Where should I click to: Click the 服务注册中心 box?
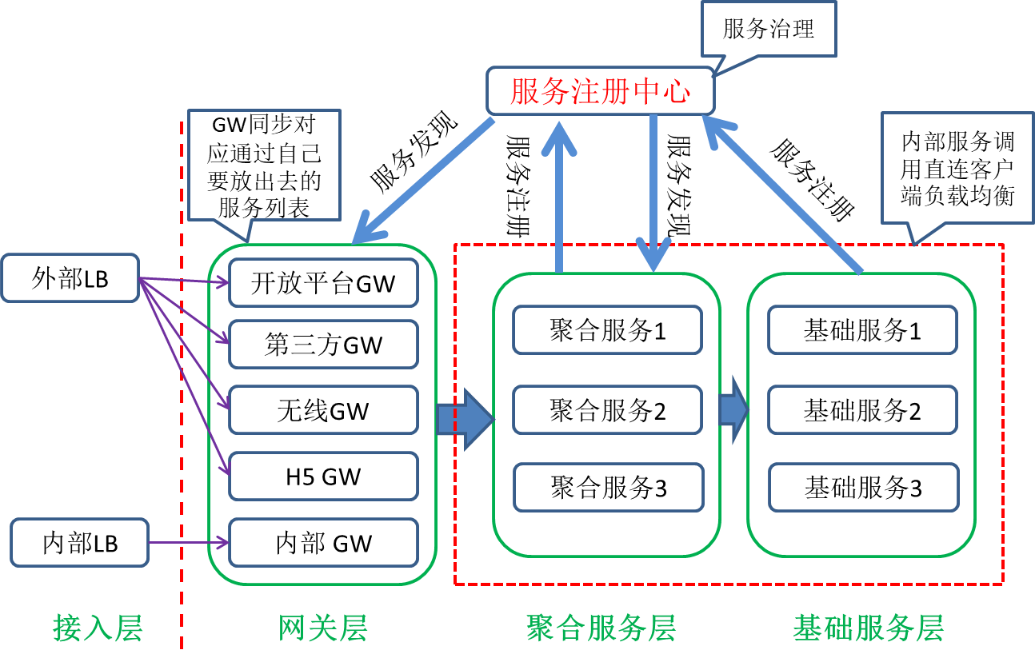[600, 92]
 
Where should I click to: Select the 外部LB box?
[70, 278]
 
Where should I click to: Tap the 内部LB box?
[80, 543]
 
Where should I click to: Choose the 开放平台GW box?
[323, 283]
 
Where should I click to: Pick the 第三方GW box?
[323, 345]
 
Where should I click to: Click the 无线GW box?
[323, 410]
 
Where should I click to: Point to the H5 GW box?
[323, 477]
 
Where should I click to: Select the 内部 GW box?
[323, 543]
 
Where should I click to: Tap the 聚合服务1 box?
[607, 329]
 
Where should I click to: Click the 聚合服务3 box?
[608, 487]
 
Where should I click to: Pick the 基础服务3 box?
[863, 487]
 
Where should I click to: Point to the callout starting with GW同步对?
[264, 165]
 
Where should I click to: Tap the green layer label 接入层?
[98, 628]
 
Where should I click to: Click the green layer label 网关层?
[323, 628]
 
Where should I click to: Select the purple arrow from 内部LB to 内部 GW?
[189, 544]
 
